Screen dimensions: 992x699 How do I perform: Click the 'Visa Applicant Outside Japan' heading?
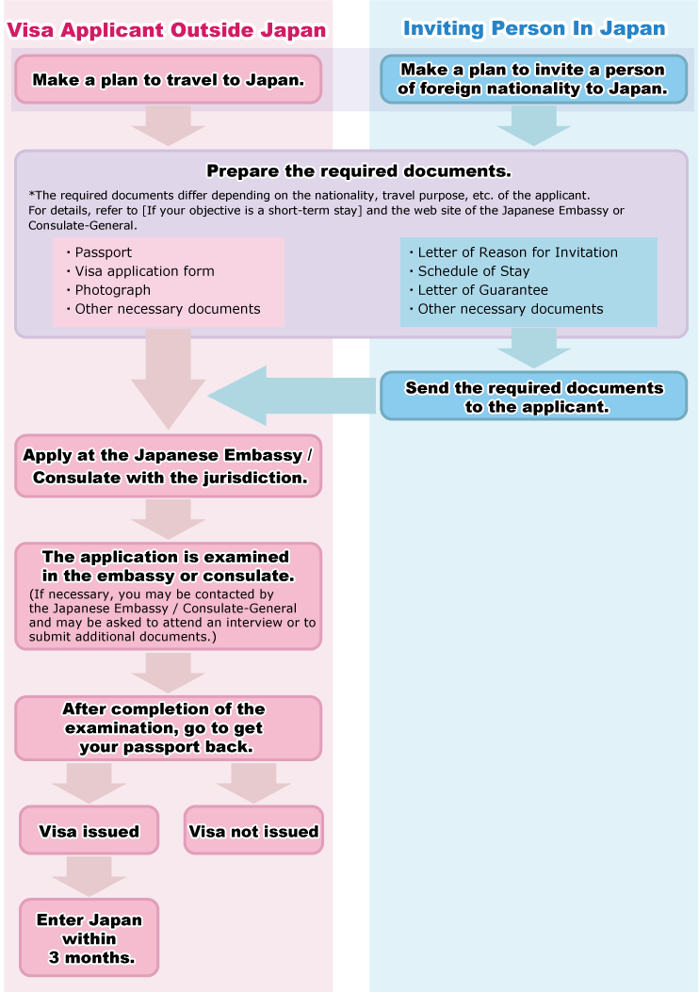click(167, 30)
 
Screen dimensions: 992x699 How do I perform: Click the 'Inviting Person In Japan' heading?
click(534, 28)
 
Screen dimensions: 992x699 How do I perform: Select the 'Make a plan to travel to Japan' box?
click(168, 79)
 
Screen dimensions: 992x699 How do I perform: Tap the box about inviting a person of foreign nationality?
click(533, 80)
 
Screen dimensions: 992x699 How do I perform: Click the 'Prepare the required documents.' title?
click(358, 171)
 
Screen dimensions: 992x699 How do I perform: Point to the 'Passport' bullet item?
click(103, 252)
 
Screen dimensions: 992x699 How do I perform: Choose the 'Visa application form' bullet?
click(143, 271)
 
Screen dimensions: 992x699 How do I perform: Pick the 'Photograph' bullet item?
click(112, 290)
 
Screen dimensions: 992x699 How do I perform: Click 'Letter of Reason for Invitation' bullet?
click(517, 252)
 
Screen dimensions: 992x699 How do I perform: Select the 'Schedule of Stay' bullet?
click(473, 271)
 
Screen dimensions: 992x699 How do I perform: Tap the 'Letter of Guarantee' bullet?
click(482, 290)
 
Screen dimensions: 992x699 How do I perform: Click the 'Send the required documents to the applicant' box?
click(533, 397)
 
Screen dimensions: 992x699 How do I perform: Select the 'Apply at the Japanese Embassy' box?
click(168, 465)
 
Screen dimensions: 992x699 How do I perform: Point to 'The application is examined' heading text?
click(166, 566)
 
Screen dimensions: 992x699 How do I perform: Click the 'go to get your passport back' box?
click(168, 728)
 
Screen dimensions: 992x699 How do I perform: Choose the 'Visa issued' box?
click(89, 831)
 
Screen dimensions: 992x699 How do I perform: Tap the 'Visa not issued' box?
click(253, 831)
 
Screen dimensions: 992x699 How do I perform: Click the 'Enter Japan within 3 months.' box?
click(89, 937)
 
